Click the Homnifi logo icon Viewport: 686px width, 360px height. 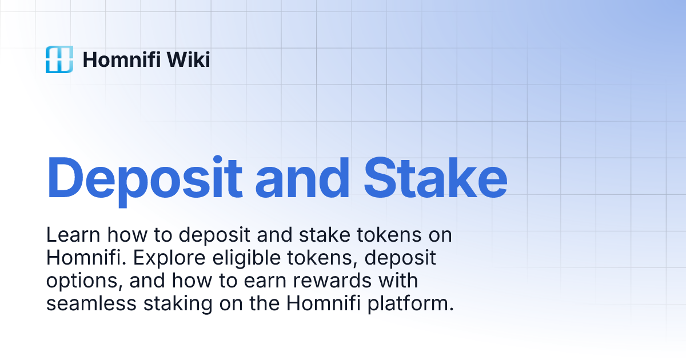coord(59,59)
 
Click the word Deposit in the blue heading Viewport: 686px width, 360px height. coord(143,177)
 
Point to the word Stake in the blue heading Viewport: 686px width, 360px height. coord(435,177)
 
